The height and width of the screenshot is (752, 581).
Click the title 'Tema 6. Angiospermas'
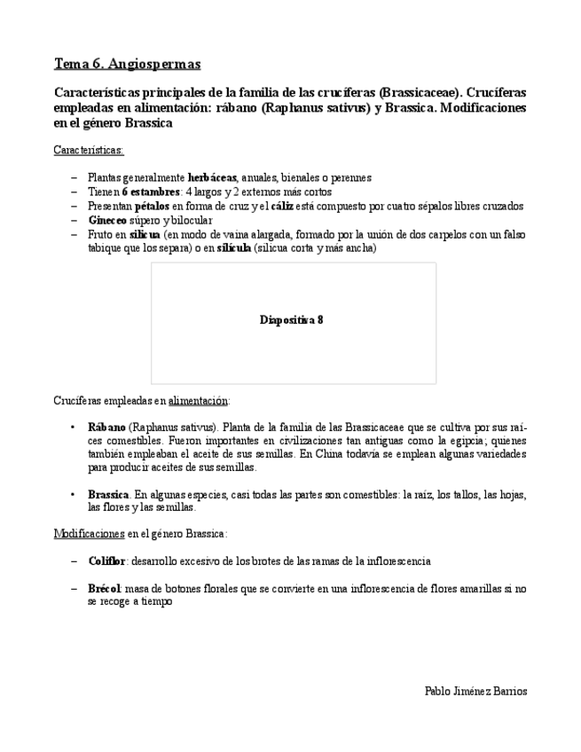[x=127, y=64]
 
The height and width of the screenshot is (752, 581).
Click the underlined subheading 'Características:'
[x=89, y=150]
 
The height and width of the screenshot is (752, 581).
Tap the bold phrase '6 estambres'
[x=148, y=192]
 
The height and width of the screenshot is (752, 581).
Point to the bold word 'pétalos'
[x=153, y=206]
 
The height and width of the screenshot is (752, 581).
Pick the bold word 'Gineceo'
[x=106, y=220]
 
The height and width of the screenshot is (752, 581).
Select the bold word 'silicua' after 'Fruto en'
[x=145, y=234]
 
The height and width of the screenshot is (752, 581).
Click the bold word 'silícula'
[x=233, y=248]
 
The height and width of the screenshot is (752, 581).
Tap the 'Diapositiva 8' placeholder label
[x=292, y=320]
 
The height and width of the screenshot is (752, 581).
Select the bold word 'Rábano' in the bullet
[x=107, y=427]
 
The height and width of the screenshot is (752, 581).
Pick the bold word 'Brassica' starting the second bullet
[x=109, y=494]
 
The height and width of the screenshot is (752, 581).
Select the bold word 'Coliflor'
[x=107, y=561]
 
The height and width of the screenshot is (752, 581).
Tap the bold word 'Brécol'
[x=105, y=588]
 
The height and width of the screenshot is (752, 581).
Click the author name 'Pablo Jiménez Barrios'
[x=475, y=691]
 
